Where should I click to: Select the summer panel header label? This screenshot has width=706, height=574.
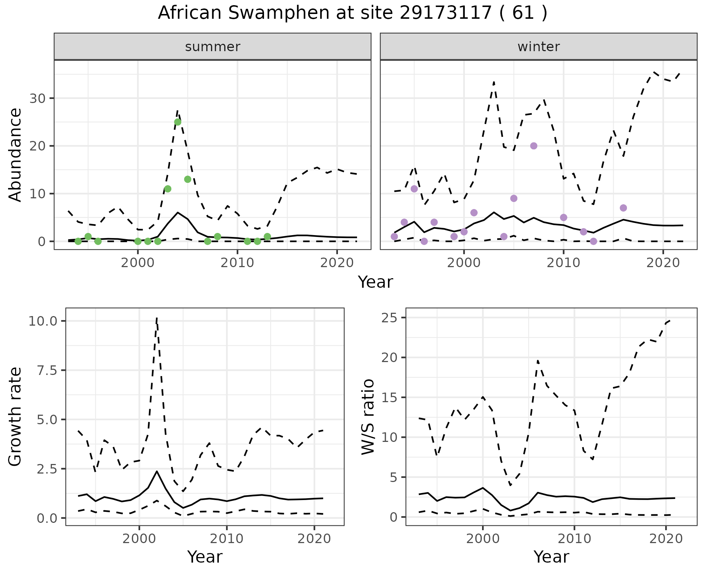tap(213, 47)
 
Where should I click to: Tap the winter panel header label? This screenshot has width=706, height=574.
tap(538, 47)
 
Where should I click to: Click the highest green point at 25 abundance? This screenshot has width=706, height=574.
tap(178, 122)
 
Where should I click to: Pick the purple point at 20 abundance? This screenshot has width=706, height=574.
tap(534, 146)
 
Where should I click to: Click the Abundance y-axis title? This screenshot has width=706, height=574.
tap(15, 155)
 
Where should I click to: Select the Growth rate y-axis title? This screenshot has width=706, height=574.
tap(15, 417)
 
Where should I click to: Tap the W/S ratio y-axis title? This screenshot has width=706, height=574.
tap(368, 417)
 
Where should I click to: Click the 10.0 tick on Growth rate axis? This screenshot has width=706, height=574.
tap(43, 321)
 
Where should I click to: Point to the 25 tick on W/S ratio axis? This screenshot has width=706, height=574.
tap(389, 318)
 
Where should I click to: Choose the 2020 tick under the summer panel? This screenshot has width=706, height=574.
tap(337, 263)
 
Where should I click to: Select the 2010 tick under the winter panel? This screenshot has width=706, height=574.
tap(563, 263)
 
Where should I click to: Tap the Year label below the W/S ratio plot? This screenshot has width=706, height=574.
tap(551, 557)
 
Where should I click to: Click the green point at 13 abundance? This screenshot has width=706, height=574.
tap(188, 179)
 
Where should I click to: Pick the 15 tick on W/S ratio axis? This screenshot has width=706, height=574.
tap(389, 397)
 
